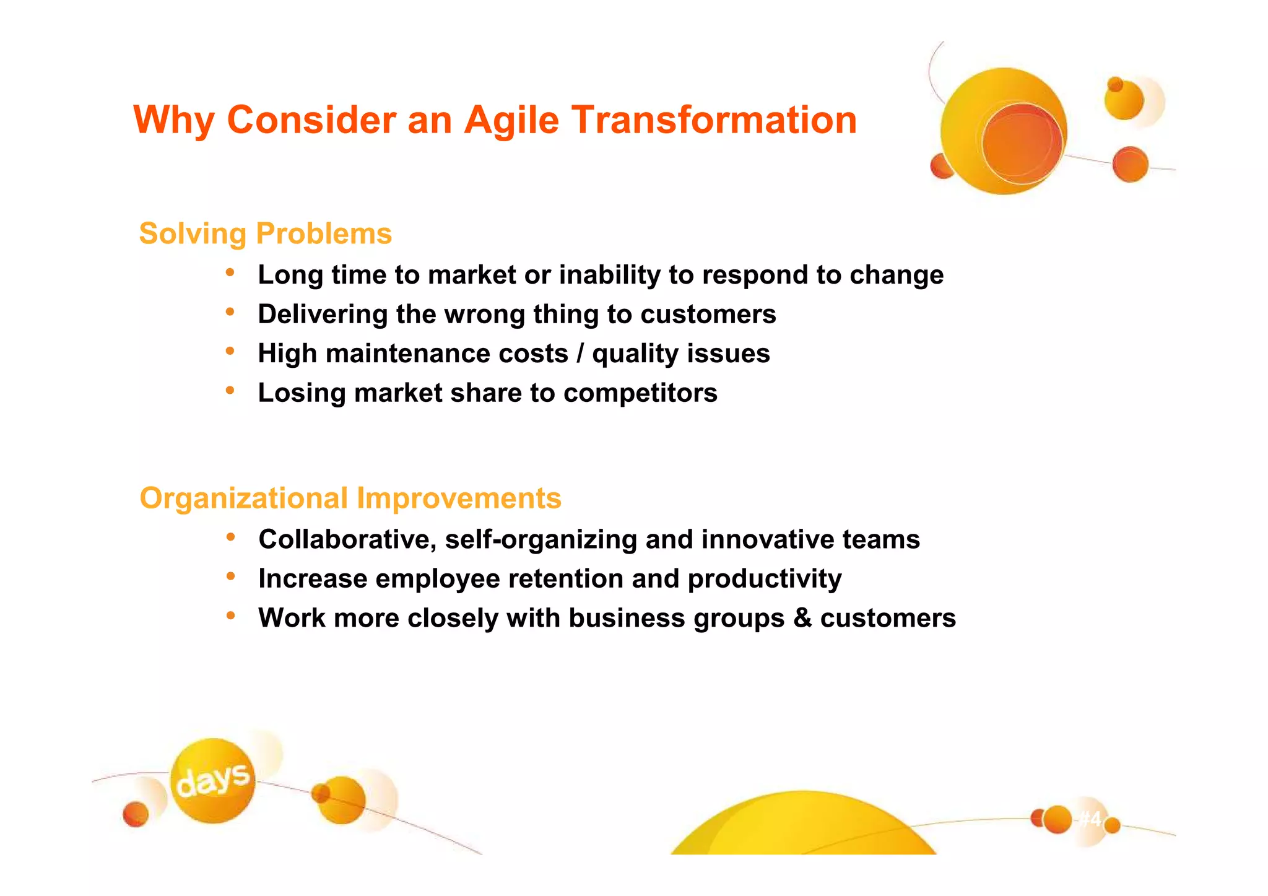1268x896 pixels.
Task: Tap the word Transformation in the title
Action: click(713, 120)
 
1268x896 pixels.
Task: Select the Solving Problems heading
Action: click(265, 234)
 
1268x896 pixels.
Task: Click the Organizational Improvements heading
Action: click(350, 498)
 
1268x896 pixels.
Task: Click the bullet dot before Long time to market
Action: click(230, 272)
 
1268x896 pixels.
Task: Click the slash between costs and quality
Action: click(580, 354)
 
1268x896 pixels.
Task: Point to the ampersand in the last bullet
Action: click(802, 618)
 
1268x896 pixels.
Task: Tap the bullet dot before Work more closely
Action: click(230, 615)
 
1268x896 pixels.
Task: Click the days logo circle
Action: click(212, 780)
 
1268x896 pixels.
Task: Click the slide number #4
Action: click(1090, 819)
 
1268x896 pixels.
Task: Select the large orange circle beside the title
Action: click(1003, 131)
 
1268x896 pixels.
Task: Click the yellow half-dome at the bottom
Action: click(803, 827)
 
